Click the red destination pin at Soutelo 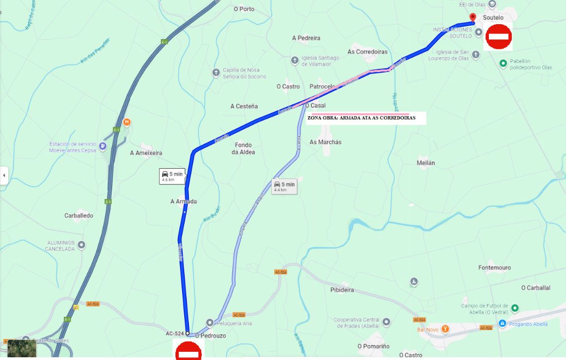click(x=473, y=17)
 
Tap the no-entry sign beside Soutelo click(x=498, y=37)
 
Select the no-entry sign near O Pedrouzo click(x=189, y=351)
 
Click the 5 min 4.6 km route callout click(x=172, y=176)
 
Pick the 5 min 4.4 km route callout click(x=285, y=186)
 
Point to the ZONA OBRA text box click(x=361, y=118)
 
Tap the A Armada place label click(x=184, y=202)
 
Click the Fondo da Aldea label click(x=243, y=149)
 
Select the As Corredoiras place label click(x=367, y=52)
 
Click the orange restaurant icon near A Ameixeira click(x=127, y=122)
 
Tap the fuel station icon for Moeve click(x=103, y=146)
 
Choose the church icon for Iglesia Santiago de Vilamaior click(x=294, y=60)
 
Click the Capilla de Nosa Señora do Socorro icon click(x=216, y=73)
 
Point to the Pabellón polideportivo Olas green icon click(x=503, y=63)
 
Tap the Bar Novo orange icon click(x=446, y=329)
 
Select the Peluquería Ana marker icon click(x=209, y=322)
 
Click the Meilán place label click(x=426, y=163)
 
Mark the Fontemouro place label click(x=494, y=268)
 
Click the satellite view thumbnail click(x=22, y=348)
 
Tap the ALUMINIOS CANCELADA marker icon click(x=81, y=245)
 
